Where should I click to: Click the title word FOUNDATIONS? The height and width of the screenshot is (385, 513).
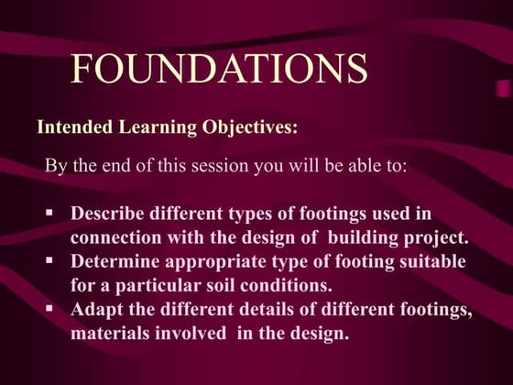coord(219,69)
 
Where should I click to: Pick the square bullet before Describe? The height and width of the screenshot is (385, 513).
coord(50,213)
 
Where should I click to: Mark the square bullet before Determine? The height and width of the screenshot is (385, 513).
coord(50,261)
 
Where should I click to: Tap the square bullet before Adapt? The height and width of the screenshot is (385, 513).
coord(50,309)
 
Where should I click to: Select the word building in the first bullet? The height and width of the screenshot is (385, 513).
coord(359,237)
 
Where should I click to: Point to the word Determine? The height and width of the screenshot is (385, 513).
coord(115,261)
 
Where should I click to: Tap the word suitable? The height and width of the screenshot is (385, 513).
coord(432,261)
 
